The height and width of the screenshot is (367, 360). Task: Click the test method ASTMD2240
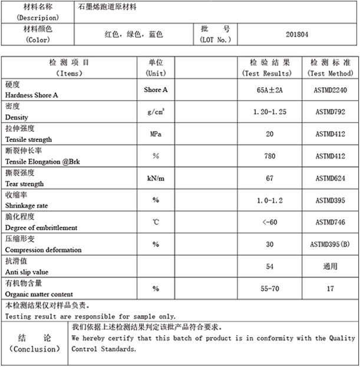click(x=330, y=90)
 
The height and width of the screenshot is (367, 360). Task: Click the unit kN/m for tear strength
click(x=156, y=178)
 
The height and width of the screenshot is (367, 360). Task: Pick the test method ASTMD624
click(x=330, y=178)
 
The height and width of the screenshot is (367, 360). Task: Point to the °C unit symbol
click(x=156, y=222)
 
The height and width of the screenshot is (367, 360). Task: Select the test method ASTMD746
click(x=330, y=222)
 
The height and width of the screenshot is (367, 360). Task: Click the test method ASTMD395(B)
click(x=330, y=244)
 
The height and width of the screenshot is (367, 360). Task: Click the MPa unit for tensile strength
click(x=156, y=134)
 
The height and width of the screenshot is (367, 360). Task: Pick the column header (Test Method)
click(x=330, y=73)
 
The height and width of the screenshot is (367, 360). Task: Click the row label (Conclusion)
click(x=35, y=349)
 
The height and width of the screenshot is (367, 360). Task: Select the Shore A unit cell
click(x=156, y=90)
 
